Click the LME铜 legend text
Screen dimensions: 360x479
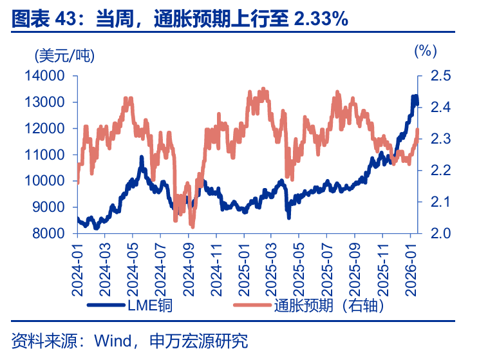[151, 305]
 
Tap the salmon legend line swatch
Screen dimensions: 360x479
[251, 305]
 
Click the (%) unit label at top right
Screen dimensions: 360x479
[425, 50]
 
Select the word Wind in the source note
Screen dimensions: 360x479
[112, 340]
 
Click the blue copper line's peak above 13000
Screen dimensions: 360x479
[415, 97]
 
